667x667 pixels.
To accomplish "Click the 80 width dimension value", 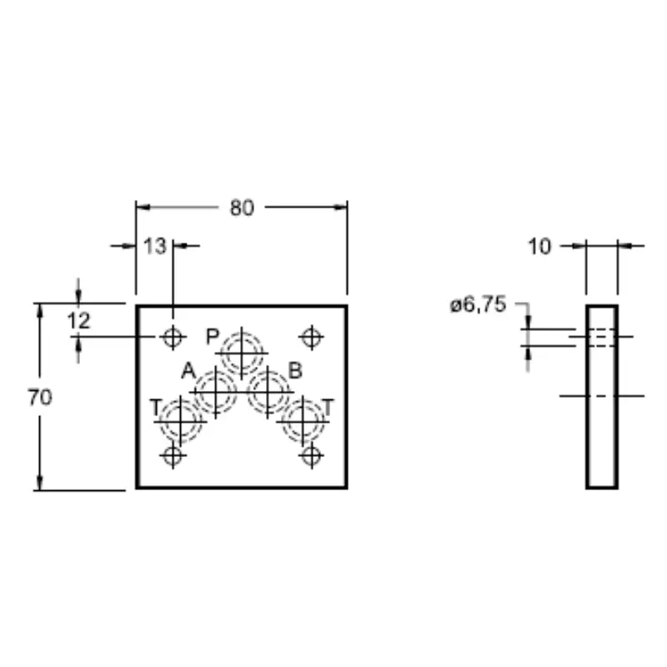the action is (242, 208).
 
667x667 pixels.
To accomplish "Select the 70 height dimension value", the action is (40, 398).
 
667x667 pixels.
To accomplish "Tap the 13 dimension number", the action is (155, 246).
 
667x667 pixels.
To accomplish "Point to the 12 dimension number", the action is (78, 321).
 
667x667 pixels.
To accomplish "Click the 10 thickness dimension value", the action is (539, 246).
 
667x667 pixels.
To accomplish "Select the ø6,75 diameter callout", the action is (478, 304).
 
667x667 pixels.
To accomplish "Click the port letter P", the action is (213, 337).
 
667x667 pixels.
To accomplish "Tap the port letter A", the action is (188, 371).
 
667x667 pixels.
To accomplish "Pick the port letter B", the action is (295, 370).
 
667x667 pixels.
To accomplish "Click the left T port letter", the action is (156, 407).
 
